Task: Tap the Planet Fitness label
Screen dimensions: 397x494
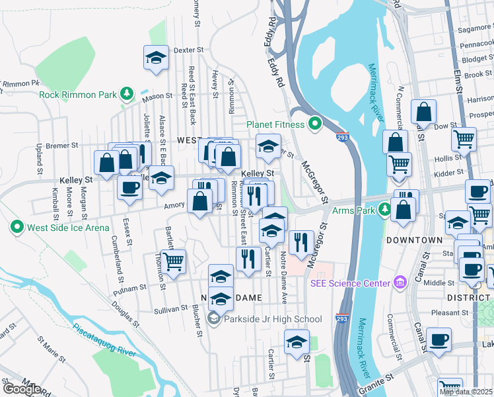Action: [275, 124]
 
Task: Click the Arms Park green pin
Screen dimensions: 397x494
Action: [385, 210]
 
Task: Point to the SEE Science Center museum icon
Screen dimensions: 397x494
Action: [399, 283]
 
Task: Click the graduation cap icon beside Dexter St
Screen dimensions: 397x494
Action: [155, 58]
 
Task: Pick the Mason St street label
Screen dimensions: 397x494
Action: [157, 97]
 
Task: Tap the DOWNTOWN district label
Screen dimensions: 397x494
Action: [414, 240]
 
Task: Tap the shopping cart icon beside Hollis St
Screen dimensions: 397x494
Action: [464, 140]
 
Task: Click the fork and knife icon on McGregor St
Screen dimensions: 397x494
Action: [300, 242]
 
